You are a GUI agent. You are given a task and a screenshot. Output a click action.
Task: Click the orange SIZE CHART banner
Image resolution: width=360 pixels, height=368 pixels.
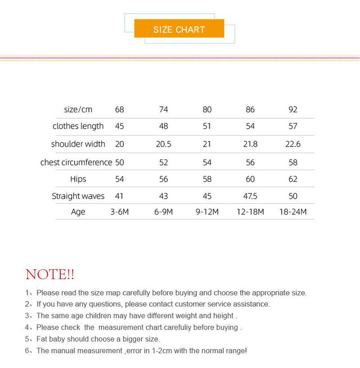(x=179, y=29)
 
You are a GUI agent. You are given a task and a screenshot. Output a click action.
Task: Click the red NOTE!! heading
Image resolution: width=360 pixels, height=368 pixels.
(x=50, y=274)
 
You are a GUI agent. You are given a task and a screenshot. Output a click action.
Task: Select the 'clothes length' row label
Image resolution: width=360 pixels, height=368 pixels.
(x=78, y=126)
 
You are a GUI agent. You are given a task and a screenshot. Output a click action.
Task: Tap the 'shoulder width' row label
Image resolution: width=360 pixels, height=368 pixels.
(x=78, y=144)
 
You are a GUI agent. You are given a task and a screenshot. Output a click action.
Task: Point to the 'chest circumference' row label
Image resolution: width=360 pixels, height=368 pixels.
(x=76, y=162)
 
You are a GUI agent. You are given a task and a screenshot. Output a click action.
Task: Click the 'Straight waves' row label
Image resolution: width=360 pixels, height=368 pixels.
(x=78, y=196)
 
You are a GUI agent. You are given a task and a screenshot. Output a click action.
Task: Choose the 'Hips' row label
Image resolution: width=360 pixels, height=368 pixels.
(x=78, y=179)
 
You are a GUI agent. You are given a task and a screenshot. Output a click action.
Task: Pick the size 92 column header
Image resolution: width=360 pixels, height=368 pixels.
(x=293, y=109)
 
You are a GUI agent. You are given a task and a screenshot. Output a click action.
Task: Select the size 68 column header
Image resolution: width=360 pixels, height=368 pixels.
(x=119, y=109)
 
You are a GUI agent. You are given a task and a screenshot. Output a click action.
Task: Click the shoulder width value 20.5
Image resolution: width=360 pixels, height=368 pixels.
(x=164, y=144)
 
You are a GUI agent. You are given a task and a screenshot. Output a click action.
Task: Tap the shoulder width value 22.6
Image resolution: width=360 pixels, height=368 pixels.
(x=293, y=144)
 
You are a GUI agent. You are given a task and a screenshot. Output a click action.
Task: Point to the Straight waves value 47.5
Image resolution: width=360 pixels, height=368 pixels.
(x=250, y=196)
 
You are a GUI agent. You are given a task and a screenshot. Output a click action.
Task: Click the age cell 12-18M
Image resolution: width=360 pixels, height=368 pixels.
(x=250, y=212)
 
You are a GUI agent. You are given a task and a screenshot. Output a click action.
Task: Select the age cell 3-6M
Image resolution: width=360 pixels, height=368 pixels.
(x=119, y=212)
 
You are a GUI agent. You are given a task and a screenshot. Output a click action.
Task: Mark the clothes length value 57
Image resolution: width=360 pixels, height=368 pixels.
(x=293, y=126)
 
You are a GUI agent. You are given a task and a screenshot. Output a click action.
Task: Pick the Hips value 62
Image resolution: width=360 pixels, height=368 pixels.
(x=293, y=179)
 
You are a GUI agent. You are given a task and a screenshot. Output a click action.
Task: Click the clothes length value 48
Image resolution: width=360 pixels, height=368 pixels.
(x=164, y=126)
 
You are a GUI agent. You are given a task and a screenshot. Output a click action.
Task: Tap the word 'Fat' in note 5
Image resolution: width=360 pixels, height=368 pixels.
(x=42, y=339)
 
